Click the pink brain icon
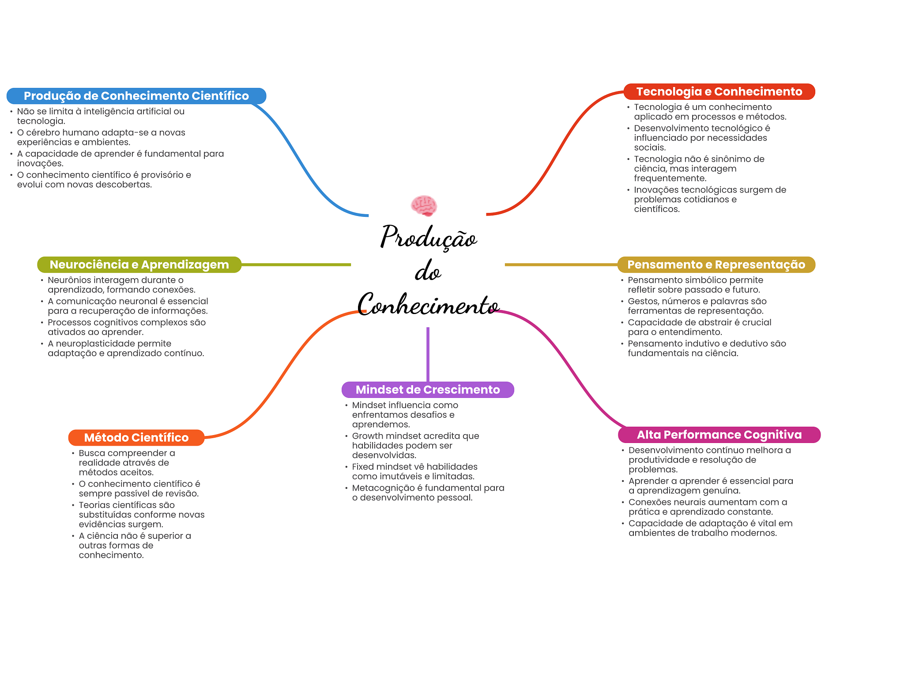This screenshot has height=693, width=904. tap(424, 205)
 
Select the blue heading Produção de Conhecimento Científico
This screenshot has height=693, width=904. tap(136, 96)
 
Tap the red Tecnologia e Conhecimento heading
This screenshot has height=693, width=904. tap(719, 91)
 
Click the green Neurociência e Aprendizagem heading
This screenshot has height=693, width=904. tap(139, 265)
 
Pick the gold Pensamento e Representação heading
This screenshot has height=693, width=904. tap(716, 265)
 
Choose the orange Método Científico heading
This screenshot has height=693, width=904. tap(136, 437)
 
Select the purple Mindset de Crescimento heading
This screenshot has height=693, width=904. tap(428, 390)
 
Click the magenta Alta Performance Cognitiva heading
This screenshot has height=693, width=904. tap(719, 435)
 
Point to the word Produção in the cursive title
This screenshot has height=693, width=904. tap(428, 237)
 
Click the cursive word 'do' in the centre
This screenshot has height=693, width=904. tap(428, 271)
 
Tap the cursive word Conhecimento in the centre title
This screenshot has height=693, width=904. tap(428, 305)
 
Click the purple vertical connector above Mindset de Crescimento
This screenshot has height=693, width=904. tap(428, 353)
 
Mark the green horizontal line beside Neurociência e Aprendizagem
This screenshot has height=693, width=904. tap(296, 265)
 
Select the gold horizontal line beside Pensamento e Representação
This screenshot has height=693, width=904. tap(561, 265)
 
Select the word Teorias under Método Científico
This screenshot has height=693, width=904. tap(93, 504)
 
